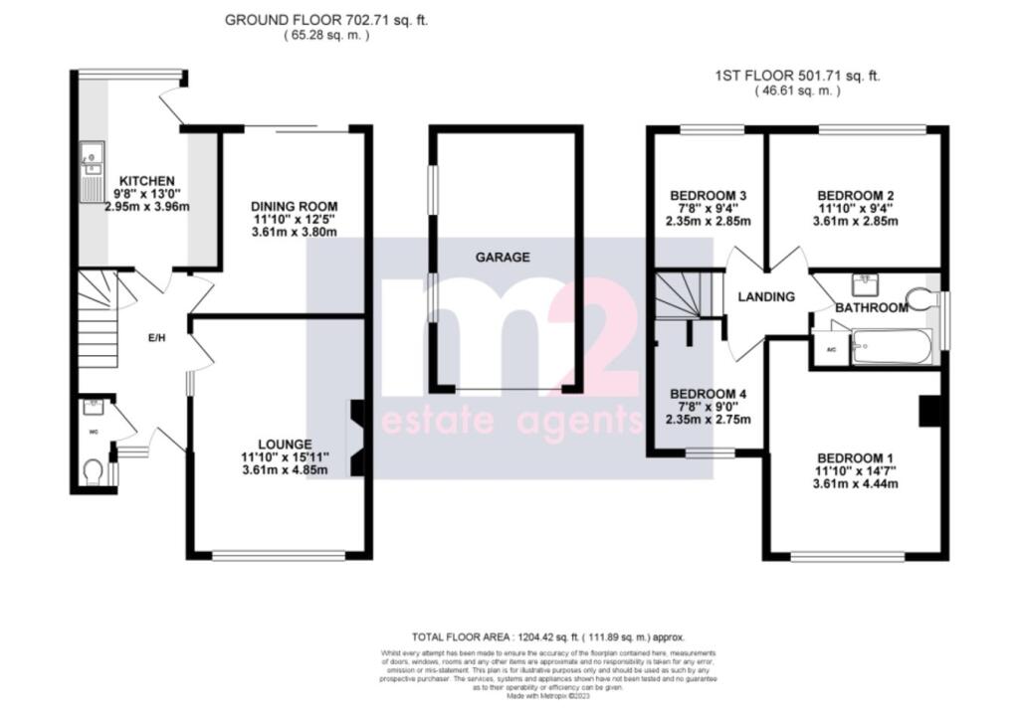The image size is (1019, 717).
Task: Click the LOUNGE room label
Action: point(285,444)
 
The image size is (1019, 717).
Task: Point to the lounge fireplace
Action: point(357,438)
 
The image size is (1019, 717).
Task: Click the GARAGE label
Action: point(502,257)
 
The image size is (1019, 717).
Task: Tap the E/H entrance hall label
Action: point(154,339)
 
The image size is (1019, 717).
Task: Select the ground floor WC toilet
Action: point(93,469)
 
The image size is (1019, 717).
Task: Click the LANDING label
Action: point(765,296)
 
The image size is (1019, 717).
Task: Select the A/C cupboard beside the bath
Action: point(830,351)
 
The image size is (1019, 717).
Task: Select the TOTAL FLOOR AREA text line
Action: point(548,635)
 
